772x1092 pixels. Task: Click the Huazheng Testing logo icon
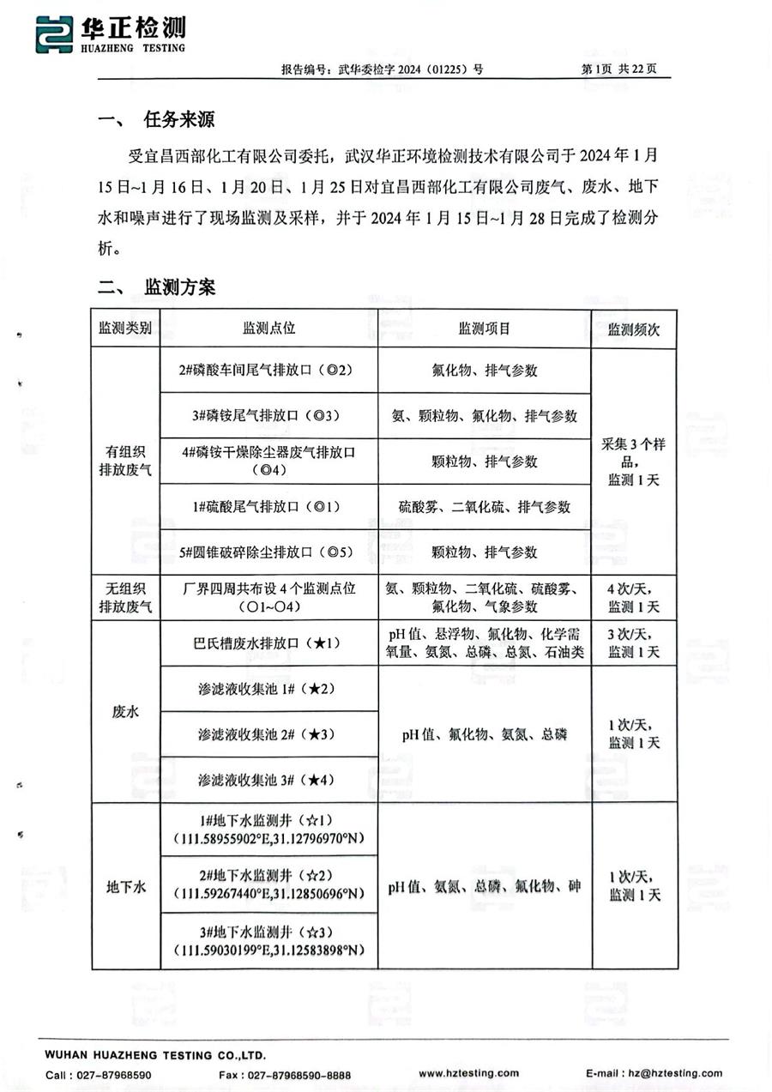click(53, 35)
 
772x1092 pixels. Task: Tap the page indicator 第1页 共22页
click(618, 69)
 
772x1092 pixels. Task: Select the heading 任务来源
click(178, 120)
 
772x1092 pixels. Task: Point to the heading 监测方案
click(178, 287)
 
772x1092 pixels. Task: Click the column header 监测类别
click(126, 329)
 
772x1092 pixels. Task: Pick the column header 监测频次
click(634, 329)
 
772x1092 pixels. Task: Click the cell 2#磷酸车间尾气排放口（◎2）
click(268, 371)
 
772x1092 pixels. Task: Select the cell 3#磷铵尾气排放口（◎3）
click(268, 416)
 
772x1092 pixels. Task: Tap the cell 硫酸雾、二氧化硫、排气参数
click(485, 507)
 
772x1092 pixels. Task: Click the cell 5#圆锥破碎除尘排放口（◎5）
click(268, 552)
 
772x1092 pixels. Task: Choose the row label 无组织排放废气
click(126, 598)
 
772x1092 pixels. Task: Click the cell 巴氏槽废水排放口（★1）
click(268, 643)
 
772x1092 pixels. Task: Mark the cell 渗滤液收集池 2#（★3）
click(268, 734)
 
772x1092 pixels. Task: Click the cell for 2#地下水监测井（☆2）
click(268, 886)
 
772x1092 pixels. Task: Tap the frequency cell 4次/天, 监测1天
click(634, 598)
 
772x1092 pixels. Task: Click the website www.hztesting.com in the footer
click(468, 1073)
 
